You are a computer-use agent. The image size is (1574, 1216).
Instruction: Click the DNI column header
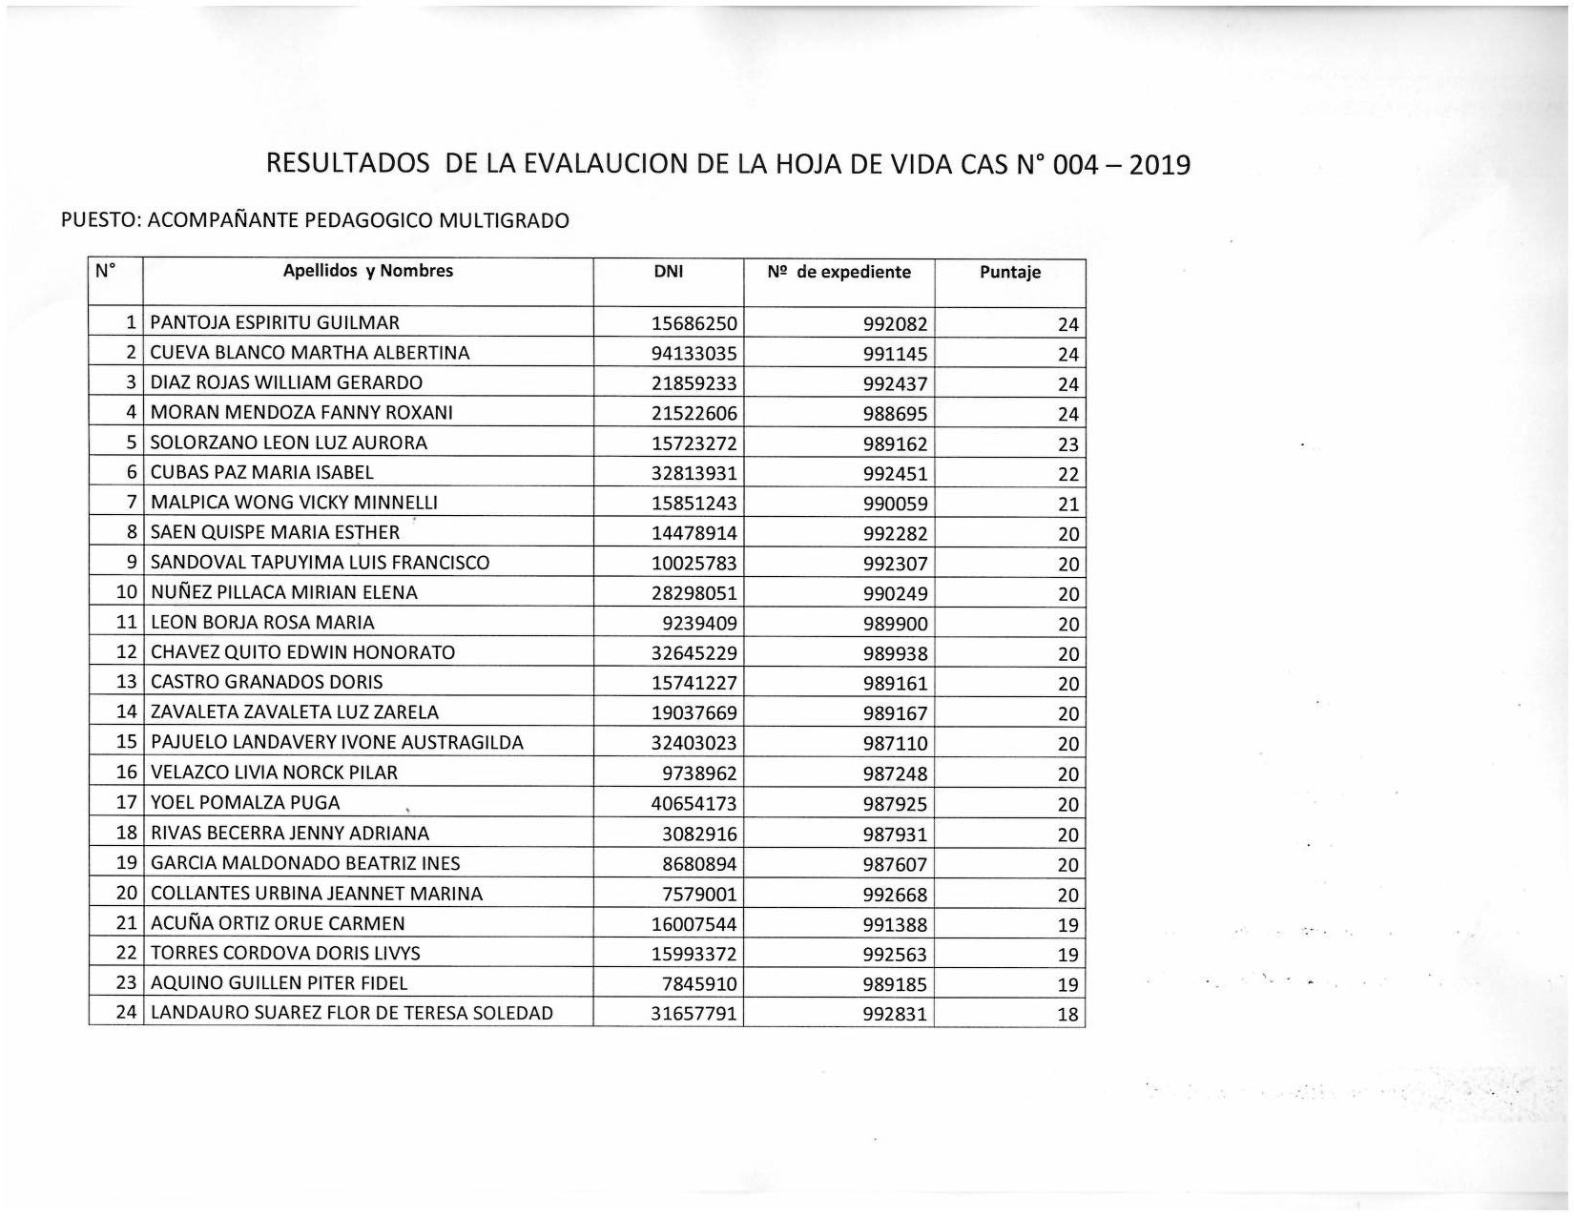[x=668, y=272]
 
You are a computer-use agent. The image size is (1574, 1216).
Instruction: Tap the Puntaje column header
[x=1009, y=273]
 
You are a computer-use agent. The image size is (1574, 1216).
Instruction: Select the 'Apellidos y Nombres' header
[x=367, y=271]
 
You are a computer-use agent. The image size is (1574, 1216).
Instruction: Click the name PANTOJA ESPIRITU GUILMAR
[x=275, y=323]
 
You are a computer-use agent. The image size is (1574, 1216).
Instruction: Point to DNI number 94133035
[x=694, y=354]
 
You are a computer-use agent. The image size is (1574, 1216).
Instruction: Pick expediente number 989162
[x=894, y=443]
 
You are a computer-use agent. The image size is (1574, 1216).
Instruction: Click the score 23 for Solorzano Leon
[x=1067, y=444]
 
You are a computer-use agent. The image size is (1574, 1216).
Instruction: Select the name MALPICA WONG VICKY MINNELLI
[x=294, y=503]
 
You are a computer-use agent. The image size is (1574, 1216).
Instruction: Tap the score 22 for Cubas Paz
[x=1067, y=474]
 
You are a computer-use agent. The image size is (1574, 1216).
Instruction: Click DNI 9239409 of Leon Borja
[x=699, y=624]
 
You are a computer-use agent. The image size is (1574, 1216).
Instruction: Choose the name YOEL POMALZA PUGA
[x=245, y=803]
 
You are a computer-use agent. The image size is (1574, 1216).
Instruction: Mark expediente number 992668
[x=894, y=895]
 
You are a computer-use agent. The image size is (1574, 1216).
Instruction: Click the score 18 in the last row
[x=1067, y=1015]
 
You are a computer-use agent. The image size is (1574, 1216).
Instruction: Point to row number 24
[x=127, y=1013]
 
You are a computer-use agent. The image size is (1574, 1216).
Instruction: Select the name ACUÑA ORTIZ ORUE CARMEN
[x=278, y=923]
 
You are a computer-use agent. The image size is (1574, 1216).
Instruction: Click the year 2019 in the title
[x=1159, y=165]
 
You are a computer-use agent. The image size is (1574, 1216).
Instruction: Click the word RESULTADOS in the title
[x=347, y=164]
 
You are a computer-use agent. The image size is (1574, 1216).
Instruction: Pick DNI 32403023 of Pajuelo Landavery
[x=694, y=743]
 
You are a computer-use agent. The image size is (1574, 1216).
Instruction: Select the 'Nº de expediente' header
[x=839, y=273]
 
